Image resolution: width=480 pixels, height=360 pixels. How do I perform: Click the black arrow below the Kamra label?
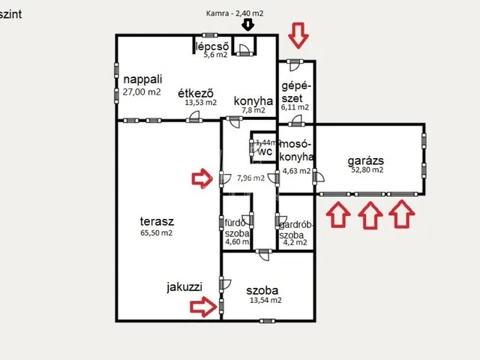click(248, 24)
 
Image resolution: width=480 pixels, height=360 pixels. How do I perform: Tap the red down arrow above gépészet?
click(298, 34)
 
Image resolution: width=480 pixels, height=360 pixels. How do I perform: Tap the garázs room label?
click(366, 160)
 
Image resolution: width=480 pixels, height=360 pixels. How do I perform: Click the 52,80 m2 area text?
click(367, 170)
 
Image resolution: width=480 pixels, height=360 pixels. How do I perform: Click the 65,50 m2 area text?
click(157, 233)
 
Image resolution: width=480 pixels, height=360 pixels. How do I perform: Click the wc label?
click(264, 151)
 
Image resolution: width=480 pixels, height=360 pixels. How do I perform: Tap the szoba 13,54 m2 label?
click(262, 289)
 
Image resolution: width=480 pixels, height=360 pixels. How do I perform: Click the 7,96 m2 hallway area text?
click(250, 178)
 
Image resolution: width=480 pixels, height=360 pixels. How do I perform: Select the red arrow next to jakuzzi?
click(202, 305)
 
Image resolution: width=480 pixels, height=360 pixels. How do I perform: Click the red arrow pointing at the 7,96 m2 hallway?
click(202, 178)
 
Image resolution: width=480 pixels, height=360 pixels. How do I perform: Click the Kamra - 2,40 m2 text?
click(235, 13)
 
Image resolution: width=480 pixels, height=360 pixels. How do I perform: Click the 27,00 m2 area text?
click(142, 92)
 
